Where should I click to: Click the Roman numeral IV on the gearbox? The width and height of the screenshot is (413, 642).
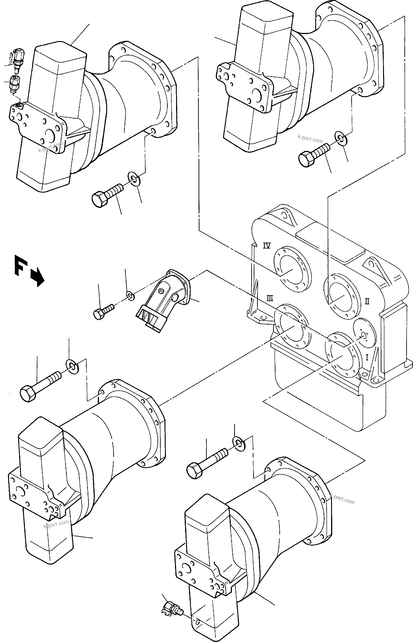267,245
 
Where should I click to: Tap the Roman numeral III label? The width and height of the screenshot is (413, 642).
270,298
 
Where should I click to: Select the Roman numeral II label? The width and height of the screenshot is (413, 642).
367,301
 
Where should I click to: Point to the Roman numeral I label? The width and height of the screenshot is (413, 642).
367,357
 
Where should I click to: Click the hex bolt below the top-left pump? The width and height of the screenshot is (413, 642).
106,195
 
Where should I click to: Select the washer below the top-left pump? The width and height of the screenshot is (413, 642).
133,178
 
